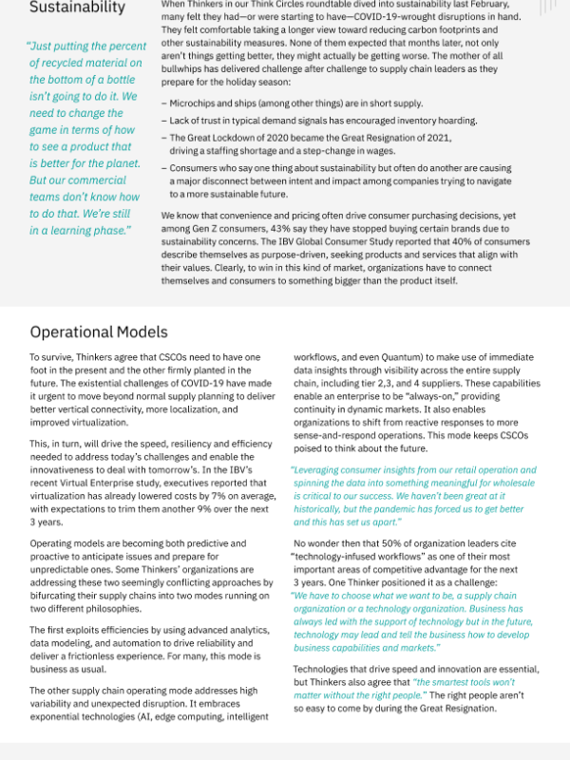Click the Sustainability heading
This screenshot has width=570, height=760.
(77, 8)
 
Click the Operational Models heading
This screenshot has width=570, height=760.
(99, 332)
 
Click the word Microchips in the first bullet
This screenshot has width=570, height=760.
(195, 103)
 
